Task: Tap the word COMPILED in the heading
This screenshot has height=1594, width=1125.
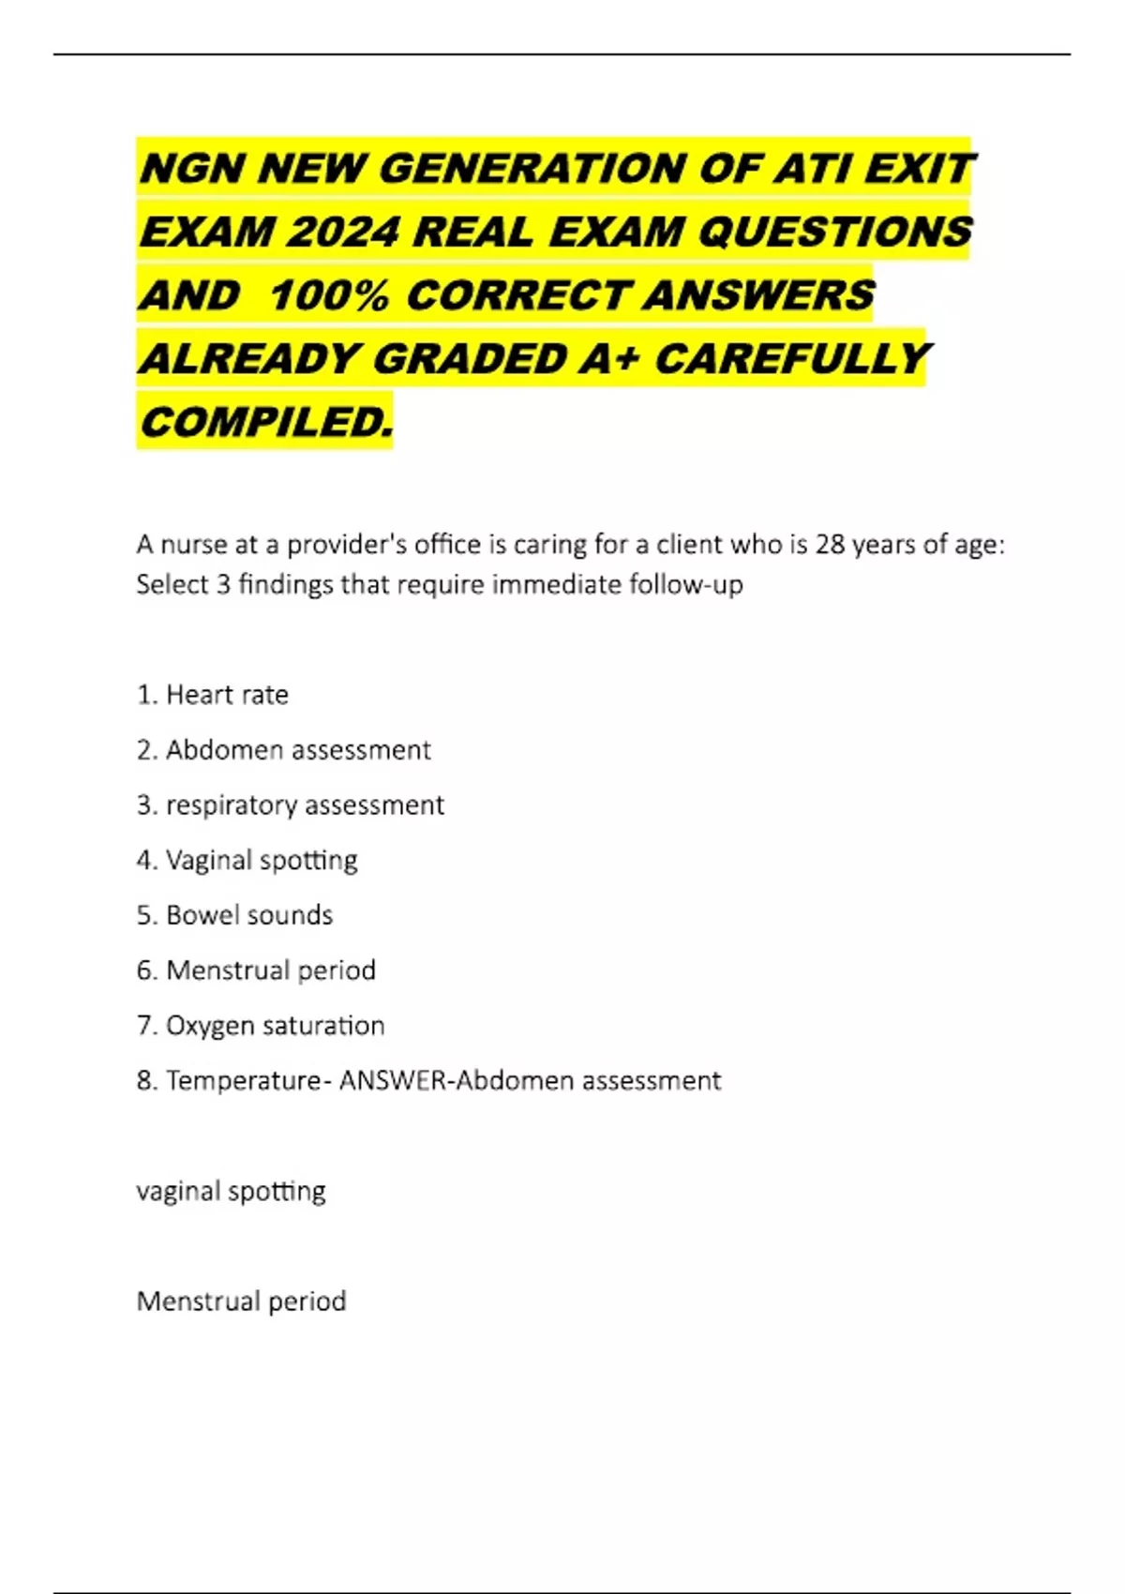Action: pyautogui.click(x=266, y=422)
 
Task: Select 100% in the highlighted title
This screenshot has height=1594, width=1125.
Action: pyautogui.click(x=328, y=295)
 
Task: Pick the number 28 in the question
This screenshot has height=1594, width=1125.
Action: pyautogui.click(x=830, y=545)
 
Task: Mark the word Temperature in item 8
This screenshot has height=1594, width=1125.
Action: pyautogui.click(x=244, y=1081)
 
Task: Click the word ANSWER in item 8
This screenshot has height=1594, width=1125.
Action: pyautogui.click(x=394, y=1081)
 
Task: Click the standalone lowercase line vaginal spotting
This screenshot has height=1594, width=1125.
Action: pyautogui.click(x=231, y=1192)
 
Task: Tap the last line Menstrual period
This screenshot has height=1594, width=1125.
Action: pyautogui.click(x=241, y=1301)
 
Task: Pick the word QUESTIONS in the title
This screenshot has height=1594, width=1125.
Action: pyautogui.click(x=835, y=232)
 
